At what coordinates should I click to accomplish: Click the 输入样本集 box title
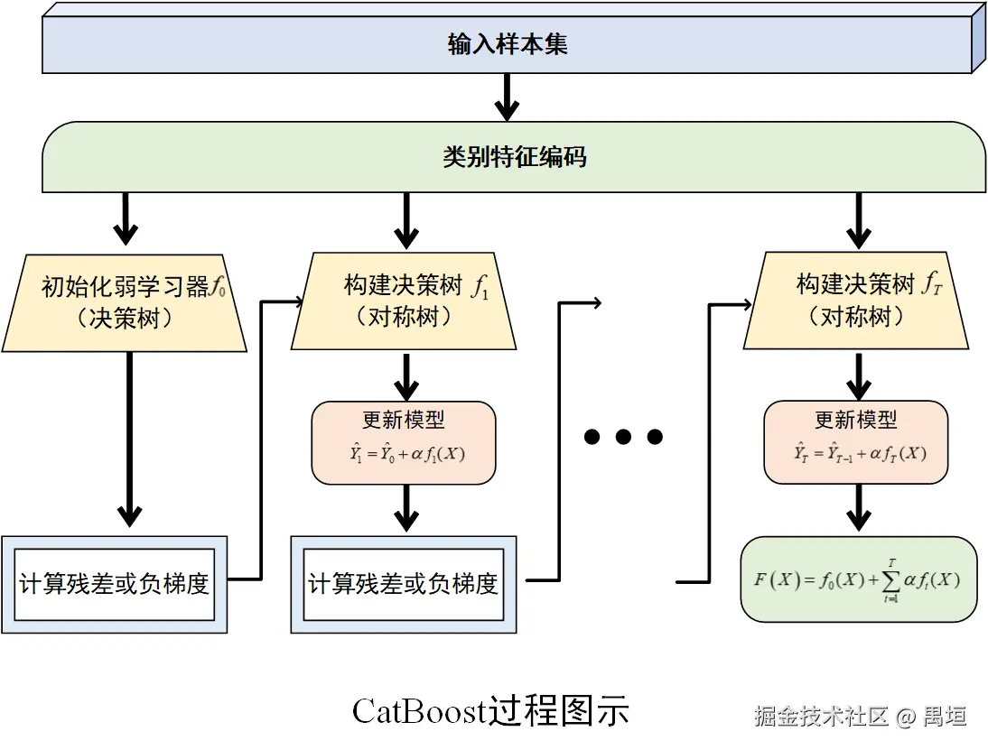(x=508, y=44)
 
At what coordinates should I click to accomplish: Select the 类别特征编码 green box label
(x=514, y=157)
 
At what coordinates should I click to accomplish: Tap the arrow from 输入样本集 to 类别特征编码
(x=508, y=97)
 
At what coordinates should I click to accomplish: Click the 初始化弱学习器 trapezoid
(x=125, y=302)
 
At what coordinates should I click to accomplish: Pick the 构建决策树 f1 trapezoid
(x=404, y=301)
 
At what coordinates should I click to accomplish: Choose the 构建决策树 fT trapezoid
(x=856, y=301)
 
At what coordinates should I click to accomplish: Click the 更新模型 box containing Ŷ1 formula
(x=404, y=442)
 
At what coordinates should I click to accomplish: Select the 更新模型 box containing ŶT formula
(x=856, y=442)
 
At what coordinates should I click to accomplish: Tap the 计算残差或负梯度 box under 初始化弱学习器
(x=114, y=584)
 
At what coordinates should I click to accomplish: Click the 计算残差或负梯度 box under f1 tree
(x=404, y=584)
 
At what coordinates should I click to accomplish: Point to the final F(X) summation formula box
(x=858, y=579)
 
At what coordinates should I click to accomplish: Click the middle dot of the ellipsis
(x=623, y=438)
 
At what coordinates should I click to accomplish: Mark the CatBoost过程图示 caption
(x=490, y=711)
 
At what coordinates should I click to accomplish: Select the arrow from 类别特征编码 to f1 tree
(x=406, y=220)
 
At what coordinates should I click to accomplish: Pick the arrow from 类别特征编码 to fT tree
(x=858, y=220)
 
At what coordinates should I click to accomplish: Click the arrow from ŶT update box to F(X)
(x=858, y=509)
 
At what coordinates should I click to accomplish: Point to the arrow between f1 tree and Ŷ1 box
(x=406, y=376)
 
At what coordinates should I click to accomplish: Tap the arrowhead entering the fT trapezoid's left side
(x=747, y=305)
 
